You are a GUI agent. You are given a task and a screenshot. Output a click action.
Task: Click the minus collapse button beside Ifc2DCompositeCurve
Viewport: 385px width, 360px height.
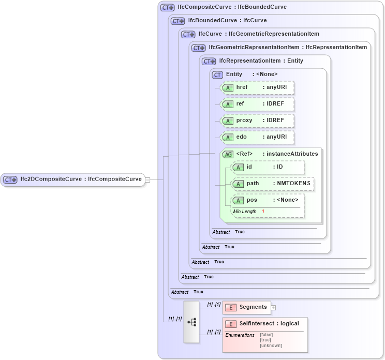tap(147, 179)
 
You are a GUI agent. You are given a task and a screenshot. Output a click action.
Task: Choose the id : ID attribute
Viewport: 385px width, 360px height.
tap(268, 167)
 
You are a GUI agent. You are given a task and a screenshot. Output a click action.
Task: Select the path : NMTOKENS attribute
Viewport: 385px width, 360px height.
tap(272, 184)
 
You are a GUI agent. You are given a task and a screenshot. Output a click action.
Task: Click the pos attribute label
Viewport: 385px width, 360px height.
tap(251, 200)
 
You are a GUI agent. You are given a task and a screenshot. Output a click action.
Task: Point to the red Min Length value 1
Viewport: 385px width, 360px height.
tap(263, 211)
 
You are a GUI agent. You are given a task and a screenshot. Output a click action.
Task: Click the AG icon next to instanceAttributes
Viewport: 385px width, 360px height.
tap(228, 154)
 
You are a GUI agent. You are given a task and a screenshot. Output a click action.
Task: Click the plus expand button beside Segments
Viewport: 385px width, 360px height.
tap(274, 307)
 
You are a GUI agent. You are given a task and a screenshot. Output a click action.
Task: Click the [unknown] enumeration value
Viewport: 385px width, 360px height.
tap(271, 346)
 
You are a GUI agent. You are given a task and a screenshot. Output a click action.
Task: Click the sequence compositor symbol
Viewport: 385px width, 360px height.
tap(191, 322)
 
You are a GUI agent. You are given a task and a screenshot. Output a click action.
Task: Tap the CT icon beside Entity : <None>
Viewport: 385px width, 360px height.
tap(218, 74)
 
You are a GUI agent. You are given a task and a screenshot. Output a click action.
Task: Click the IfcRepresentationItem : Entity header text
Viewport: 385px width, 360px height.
tap(261, 61)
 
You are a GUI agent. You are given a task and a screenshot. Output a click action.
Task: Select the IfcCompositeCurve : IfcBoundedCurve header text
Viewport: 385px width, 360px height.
tap(232, 7)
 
